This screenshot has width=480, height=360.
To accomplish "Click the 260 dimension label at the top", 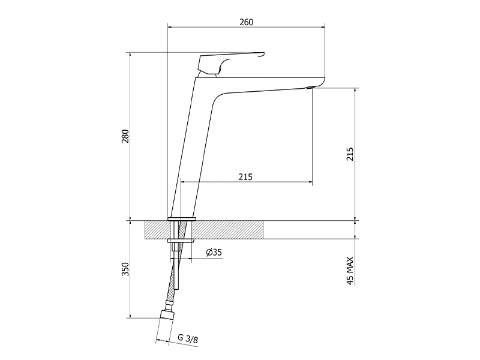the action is coord(246,22).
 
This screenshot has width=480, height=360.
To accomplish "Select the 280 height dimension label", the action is coord(125,137).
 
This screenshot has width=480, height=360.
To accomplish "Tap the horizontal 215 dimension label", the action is coord(245,177).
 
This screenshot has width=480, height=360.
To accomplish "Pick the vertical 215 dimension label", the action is coord(350,154).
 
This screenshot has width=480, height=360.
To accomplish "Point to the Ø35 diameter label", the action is coord(214,252).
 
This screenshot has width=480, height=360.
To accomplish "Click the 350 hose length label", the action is coord(125,269).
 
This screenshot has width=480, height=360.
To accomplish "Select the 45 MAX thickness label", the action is coord(350,271).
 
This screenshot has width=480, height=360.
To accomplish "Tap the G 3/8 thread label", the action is coord(188,338).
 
